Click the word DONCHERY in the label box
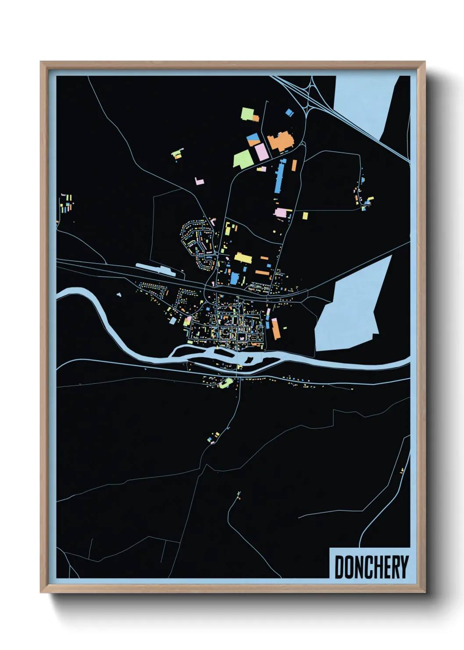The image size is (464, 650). click(371, 567)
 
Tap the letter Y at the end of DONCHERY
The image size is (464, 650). click(403, 567)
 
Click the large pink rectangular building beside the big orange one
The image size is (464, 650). click(261, 152)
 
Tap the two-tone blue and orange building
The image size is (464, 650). click(253, 140)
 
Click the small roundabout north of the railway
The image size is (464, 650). click(217, 254)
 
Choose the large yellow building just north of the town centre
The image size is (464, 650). click(243, 258)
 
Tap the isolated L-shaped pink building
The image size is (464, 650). click(200, 181)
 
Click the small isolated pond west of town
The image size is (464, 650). click(119, 295)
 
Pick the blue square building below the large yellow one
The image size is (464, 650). click(235, 278)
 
